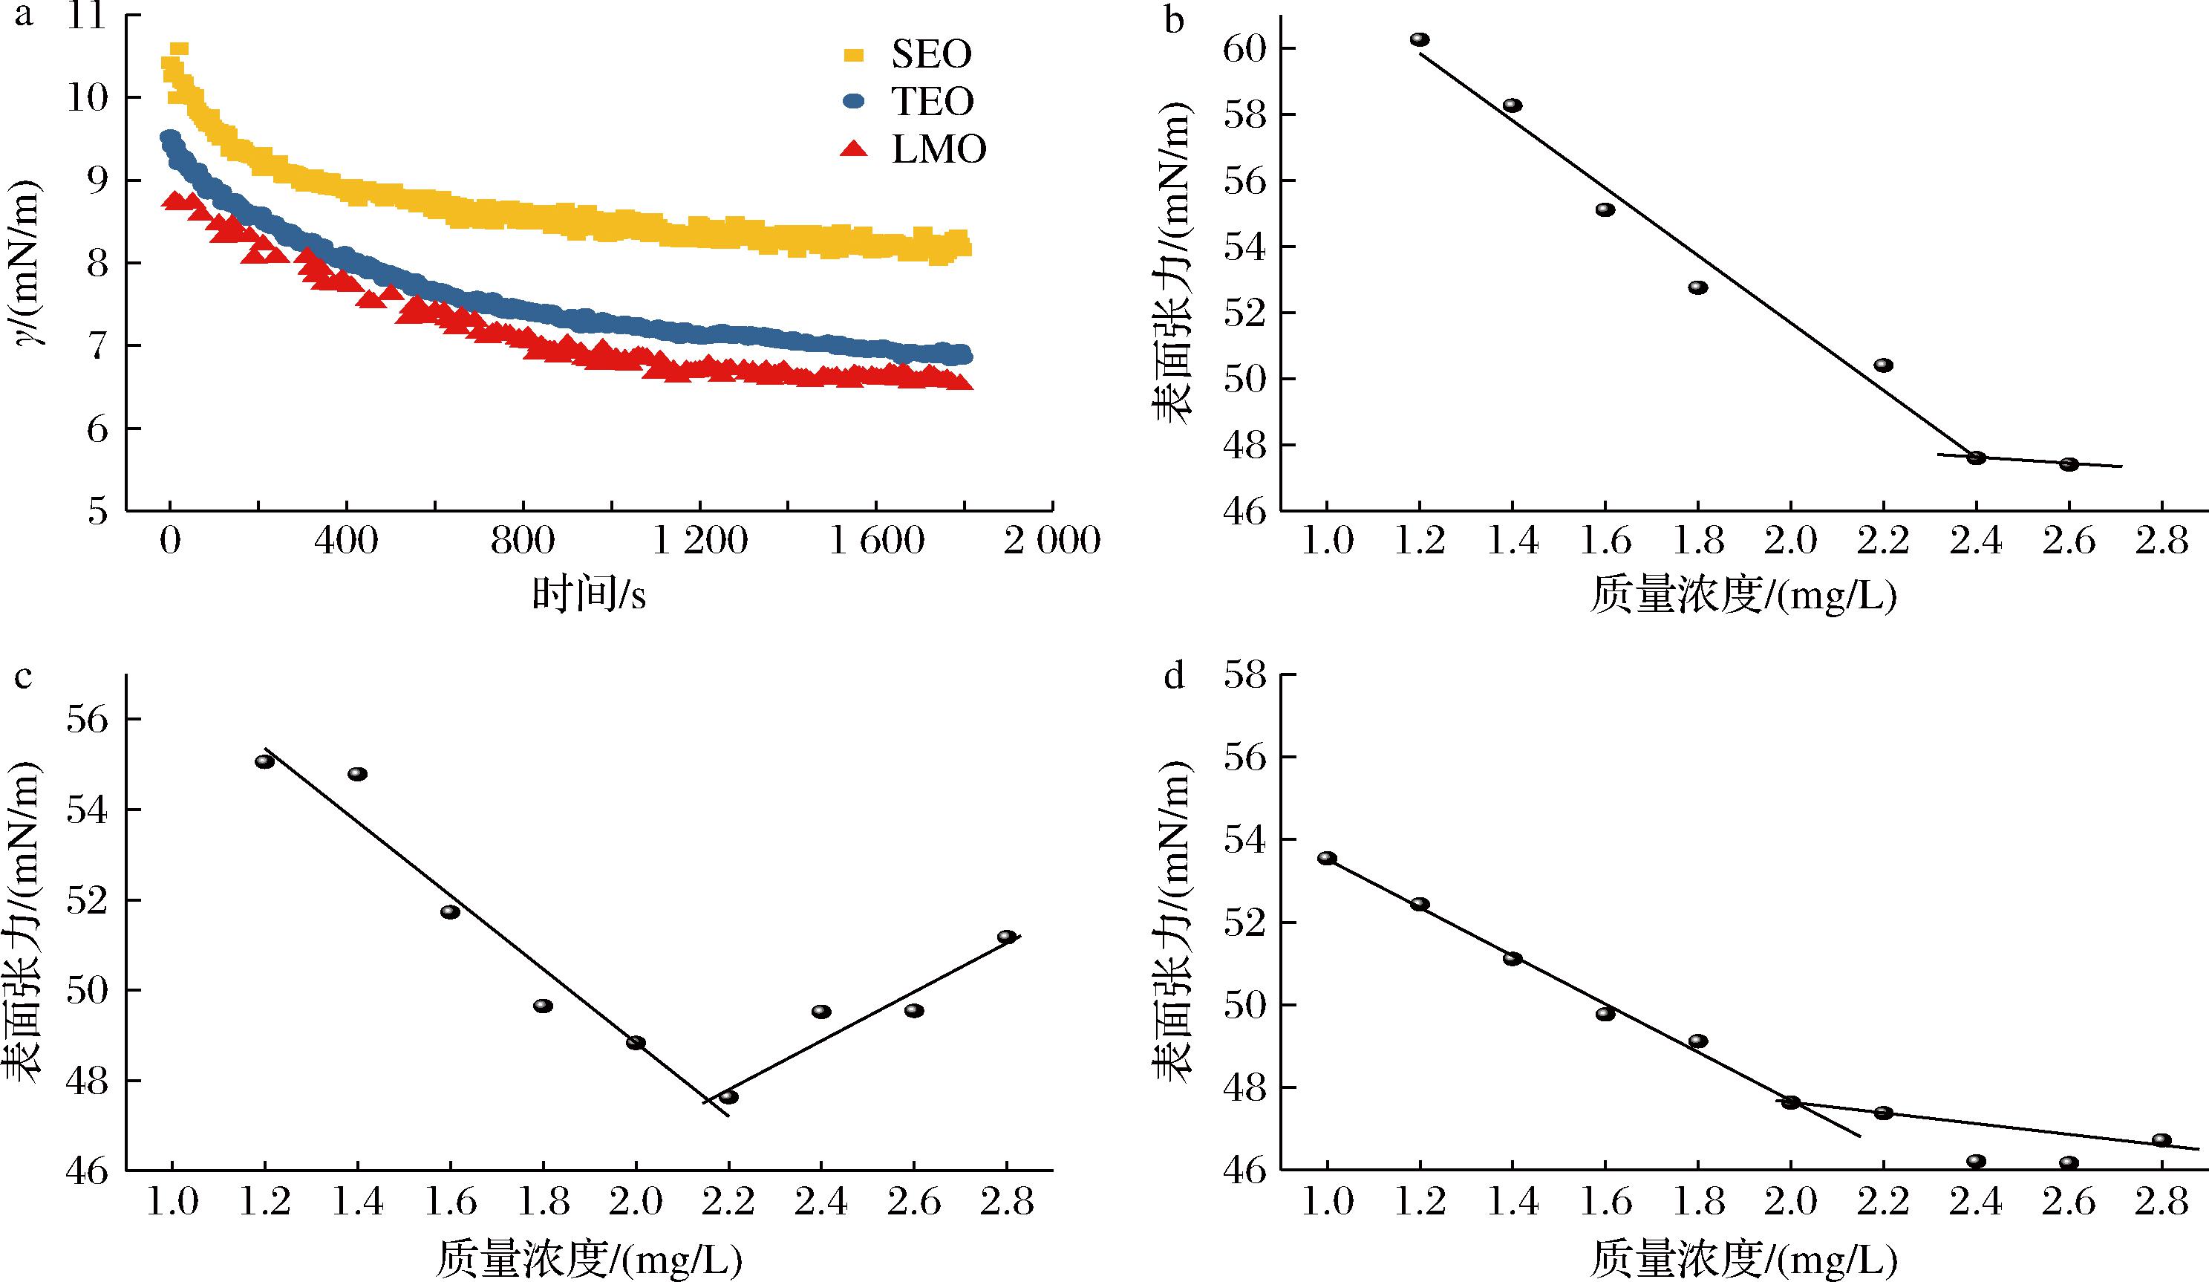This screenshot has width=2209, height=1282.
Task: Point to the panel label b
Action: click(1174, 19)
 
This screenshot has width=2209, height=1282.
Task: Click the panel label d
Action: click(1174, 677)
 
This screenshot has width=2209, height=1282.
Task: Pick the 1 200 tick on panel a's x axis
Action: click(699, 541)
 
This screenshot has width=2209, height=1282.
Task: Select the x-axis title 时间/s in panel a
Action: click(589, 596)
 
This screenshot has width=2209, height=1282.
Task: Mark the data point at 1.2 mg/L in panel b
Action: click(1420, 39)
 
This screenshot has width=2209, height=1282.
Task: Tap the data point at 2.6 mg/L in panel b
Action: click(2069, 464)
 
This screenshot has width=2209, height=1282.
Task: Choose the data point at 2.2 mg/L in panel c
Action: click(728, 1097)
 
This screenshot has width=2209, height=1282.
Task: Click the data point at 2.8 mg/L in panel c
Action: click(1006, 937)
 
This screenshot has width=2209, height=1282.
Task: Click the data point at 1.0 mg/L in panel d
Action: click(1327, 858)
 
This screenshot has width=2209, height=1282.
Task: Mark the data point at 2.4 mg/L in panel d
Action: click(1976, 1161)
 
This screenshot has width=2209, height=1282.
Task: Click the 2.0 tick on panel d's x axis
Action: click(1790, 1201)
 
